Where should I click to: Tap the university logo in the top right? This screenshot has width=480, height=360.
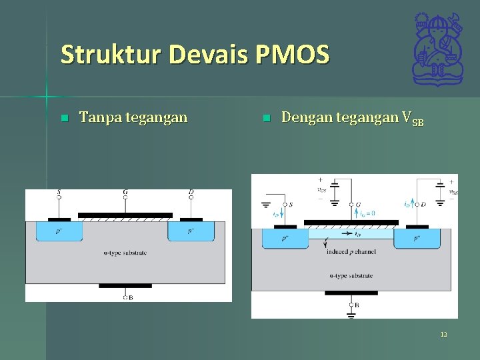point(437,50)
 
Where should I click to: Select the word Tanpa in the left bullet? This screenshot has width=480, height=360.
point(96,118)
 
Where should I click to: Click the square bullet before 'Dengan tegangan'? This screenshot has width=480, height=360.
point(266,119)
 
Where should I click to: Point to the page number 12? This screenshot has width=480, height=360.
point(443,334)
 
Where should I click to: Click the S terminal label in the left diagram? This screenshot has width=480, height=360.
point(59,193)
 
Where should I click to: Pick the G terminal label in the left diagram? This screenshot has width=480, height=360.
point(125,193)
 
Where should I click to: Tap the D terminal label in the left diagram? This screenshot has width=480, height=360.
point(191,193)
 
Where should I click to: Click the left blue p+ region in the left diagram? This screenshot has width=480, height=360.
point(59,231)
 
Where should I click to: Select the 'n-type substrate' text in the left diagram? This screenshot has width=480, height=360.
point(125,253)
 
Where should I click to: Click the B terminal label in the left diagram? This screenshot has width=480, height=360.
point(130,298)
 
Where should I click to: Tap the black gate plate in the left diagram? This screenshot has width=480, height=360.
point(125,215)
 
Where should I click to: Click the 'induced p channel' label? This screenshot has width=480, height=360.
point(351,252)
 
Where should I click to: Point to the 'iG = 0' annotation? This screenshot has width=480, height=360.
point(367,213)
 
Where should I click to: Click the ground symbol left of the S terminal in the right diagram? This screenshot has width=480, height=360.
point(267,206)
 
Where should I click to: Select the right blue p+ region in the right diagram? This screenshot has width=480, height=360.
point(417,238)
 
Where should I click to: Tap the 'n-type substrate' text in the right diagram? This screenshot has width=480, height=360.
point(351,275)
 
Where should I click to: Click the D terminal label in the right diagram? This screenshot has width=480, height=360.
point(423,205)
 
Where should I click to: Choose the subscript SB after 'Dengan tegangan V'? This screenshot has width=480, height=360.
point(418,123)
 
